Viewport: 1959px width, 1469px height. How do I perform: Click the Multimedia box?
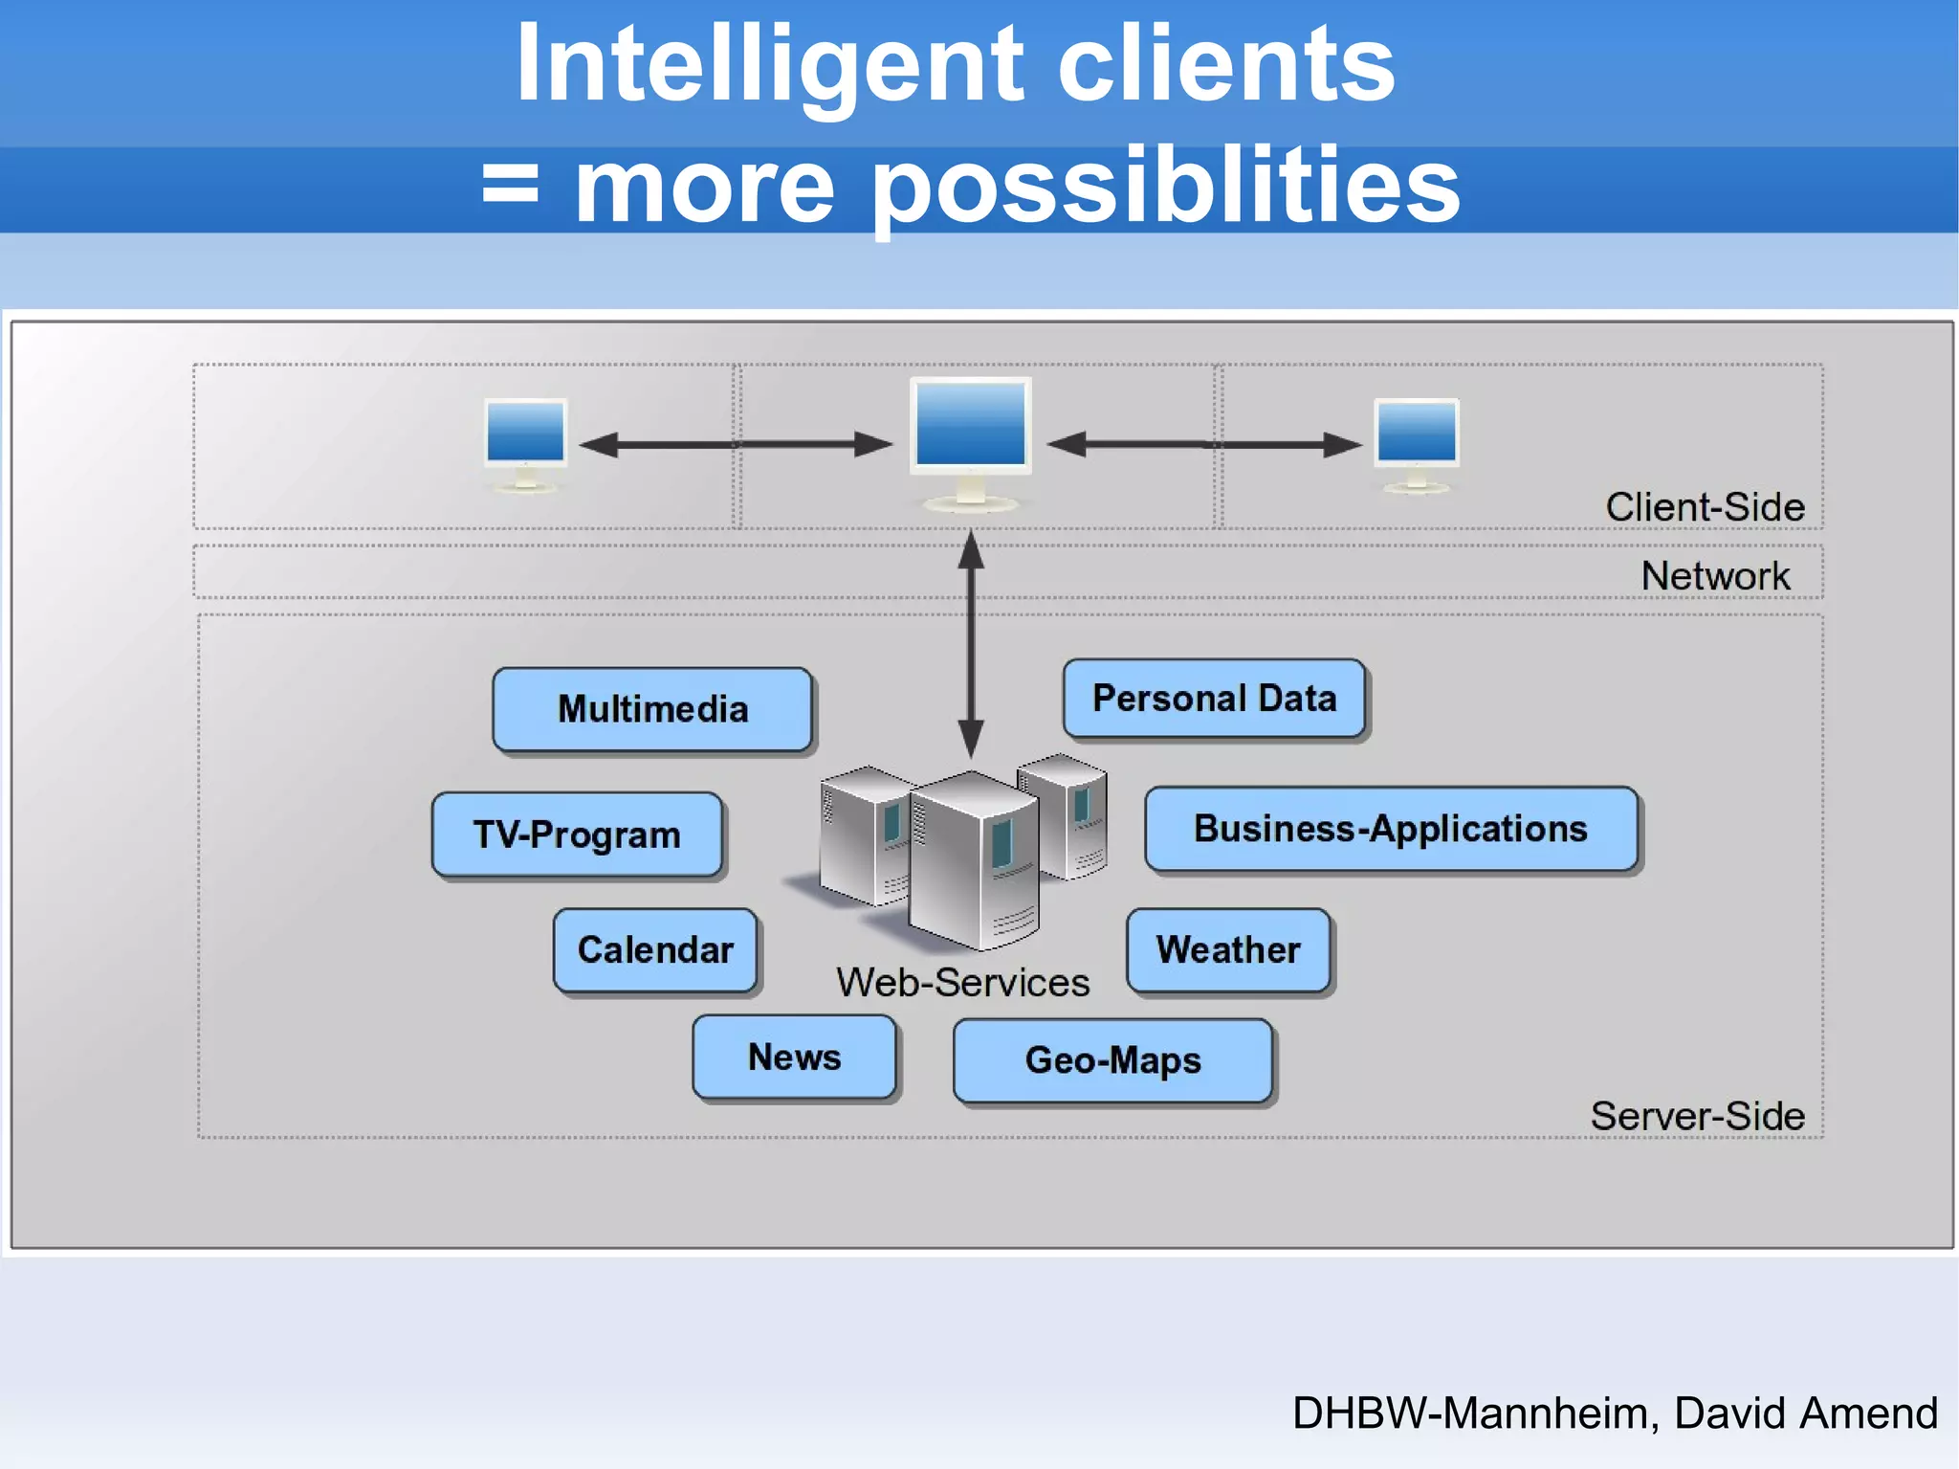[652, 709]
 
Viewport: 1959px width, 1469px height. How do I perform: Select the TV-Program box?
[577, 835]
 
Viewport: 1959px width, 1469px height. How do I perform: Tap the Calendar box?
[655, 950]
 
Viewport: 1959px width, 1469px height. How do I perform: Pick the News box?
[794, 1057]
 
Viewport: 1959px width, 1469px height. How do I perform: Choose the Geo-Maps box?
[1112, 1060]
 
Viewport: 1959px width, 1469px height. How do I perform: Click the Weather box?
[1228, 950]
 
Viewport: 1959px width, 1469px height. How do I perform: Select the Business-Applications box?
[1391, 829]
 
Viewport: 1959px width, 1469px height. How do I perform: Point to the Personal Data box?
[1214, 699]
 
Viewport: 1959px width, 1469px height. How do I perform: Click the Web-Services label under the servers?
[962, 983]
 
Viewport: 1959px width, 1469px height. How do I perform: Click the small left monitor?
[525, 435]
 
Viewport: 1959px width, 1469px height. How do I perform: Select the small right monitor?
[1417, 435]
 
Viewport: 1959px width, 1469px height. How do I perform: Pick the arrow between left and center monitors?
[736, 444]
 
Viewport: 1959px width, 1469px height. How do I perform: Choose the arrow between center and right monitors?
[1204, 444]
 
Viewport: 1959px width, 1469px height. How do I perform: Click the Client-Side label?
[1705, 507]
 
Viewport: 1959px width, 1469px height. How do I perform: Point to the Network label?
[1715, 576]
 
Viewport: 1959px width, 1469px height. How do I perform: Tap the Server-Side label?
[1697, 1116]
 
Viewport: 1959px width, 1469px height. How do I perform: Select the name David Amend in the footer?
[1805, 1413]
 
